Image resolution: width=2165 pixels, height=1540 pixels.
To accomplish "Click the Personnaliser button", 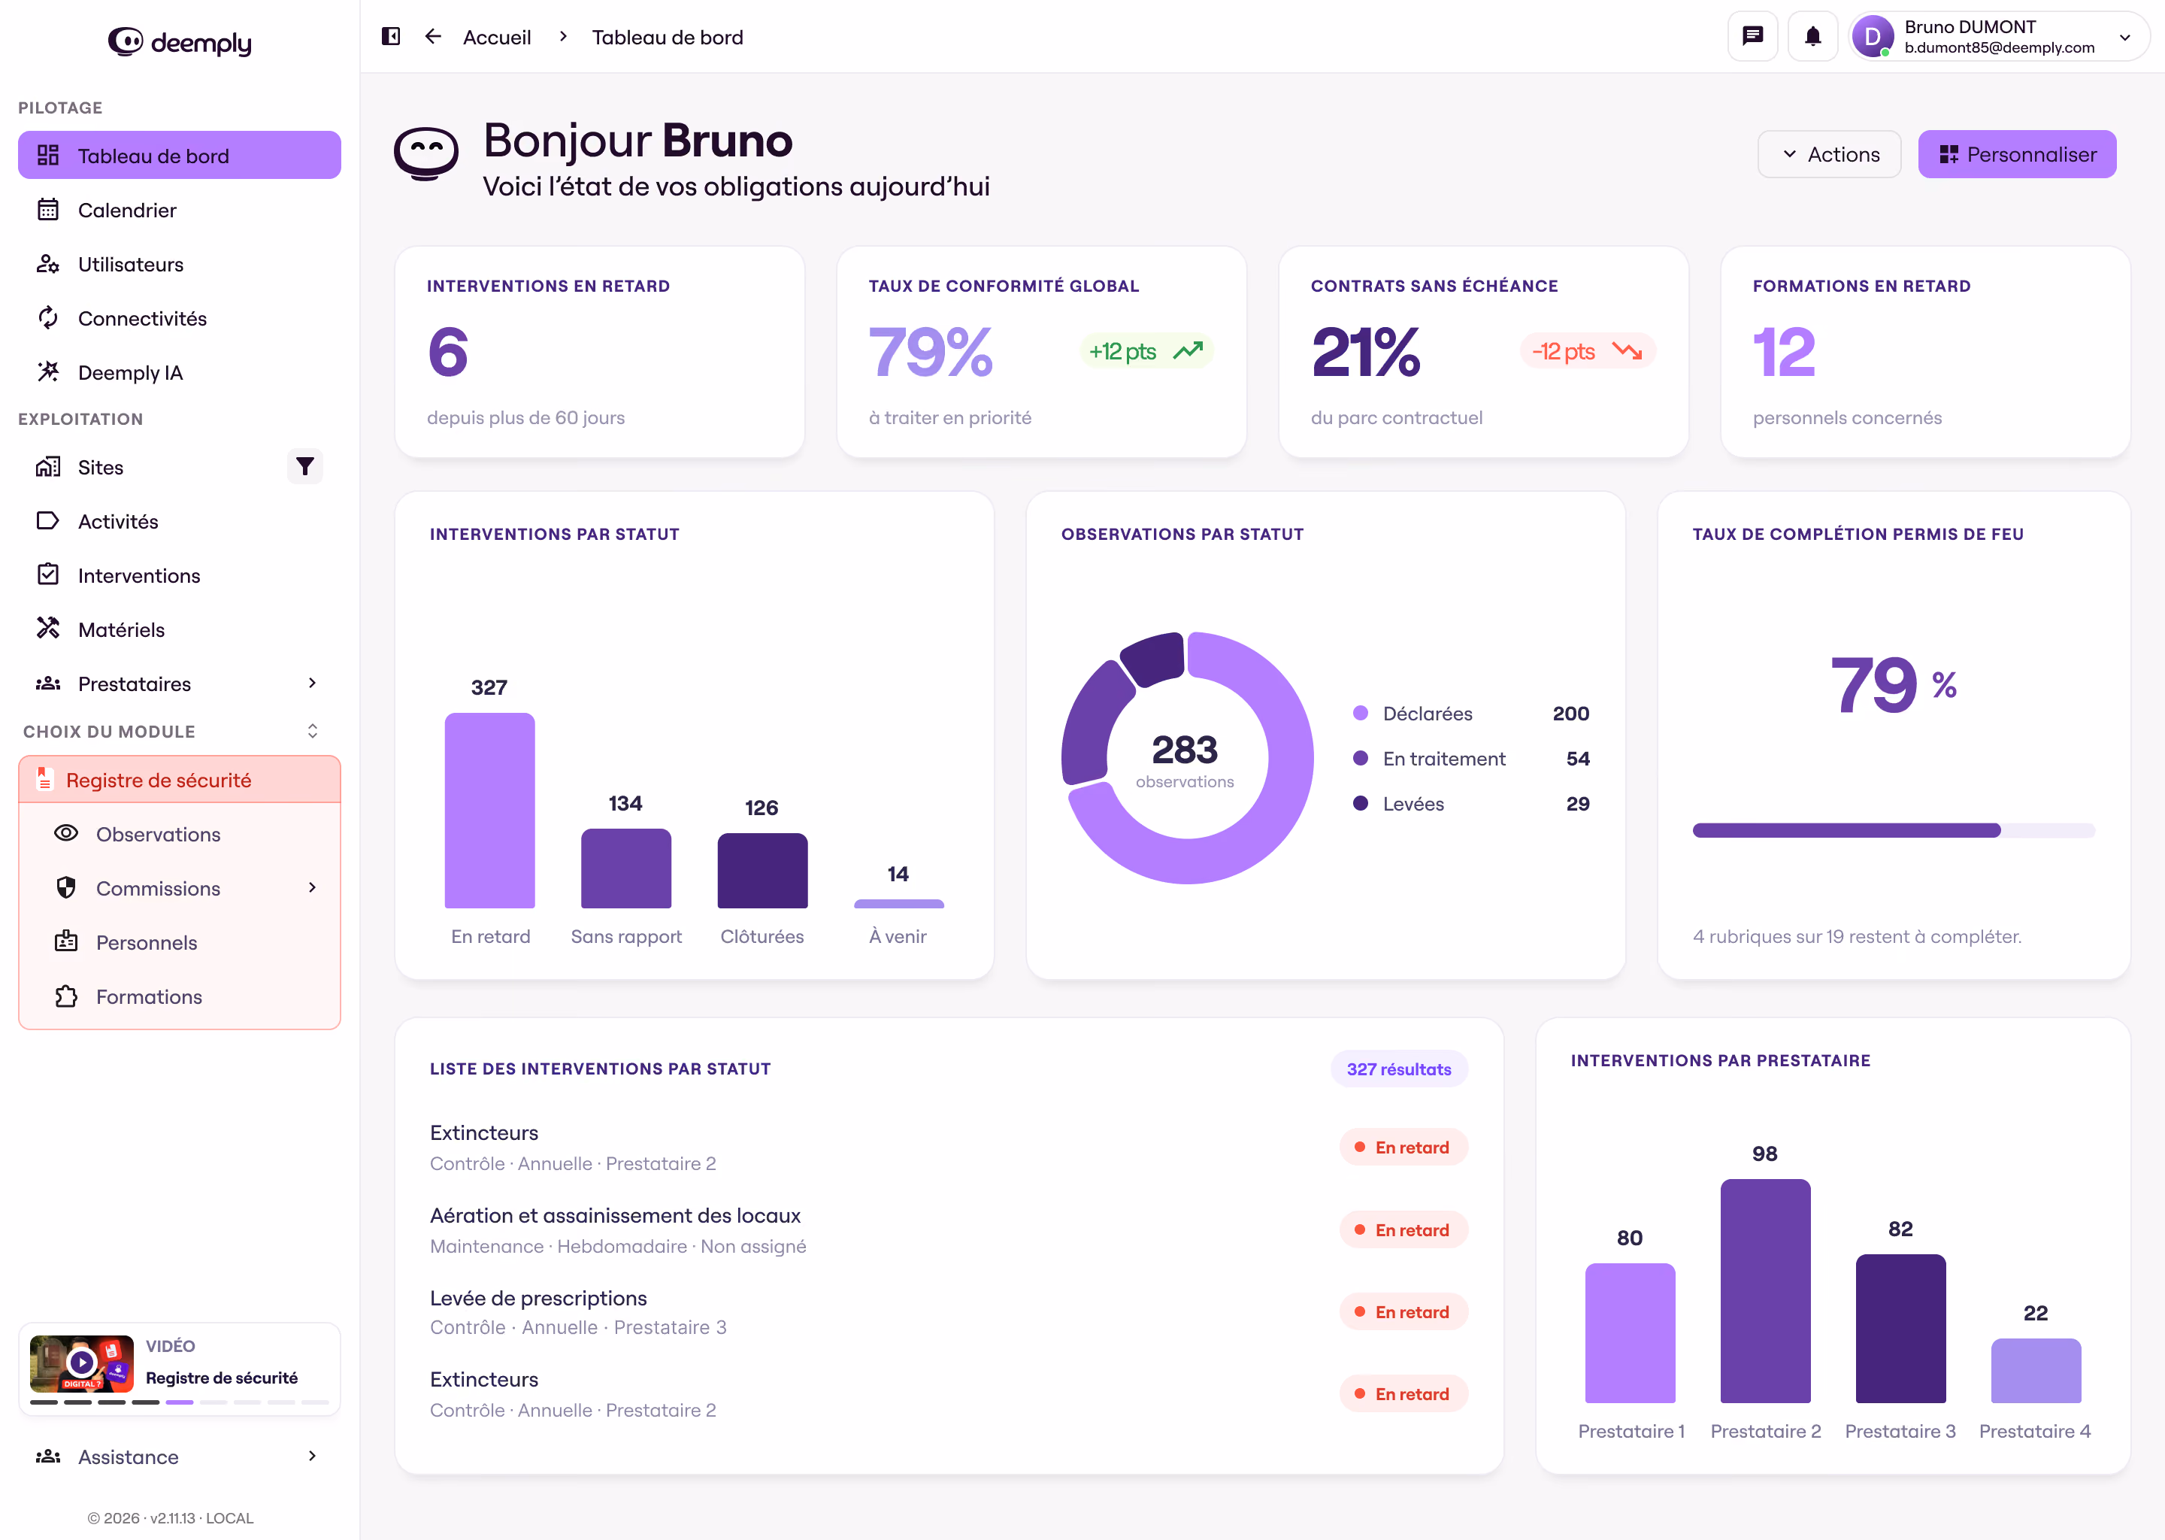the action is (x=2016, y=155).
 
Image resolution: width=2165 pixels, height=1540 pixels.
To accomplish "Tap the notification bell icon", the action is (x=1812, y=37).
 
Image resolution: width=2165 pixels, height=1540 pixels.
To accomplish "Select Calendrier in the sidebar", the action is (x=127, y=211).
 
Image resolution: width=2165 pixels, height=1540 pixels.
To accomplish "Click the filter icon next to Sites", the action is (x=304, y=466).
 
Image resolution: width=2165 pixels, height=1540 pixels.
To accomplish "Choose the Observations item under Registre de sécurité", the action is (x=159, y=835).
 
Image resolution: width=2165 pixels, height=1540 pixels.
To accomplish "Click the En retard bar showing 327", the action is (x=489, y=810).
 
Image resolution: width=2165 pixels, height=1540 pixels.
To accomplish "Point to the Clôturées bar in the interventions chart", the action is (x=762, y=871).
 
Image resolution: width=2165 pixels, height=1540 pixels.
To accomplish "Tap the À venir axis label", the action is (x=898, y=937).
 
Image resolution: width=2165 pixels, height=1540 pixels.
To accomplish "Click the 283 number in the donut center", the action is (x=1185, y=750).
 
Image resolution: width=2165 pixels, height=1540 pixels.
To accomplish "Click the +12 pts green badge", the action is (x=1145, y=352).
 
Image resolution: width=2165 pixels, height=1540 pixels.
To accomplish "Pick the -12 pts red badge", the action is (x=1588, y=352).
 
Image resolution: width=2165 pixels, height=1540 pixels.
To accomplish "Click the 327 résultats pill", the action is (x=1399, y=1069).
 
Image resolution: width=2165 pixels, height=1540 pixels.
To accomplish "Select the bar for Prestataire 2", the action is (x=1765, y=1290).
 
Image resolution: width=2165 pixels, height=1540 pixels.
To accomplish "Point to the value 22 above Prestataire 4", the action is (x=2035, y=1314).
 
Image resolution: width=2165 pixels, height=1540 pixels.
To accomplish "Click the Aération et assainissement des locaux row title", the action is (x=615, y=1216).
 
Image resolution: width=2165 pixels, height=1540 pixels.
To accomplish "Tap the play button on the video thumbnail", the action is (x=81, y=1363).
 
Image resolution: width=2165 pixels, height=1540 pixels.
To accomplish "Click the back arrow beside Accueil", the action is (x=433, y=37).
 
